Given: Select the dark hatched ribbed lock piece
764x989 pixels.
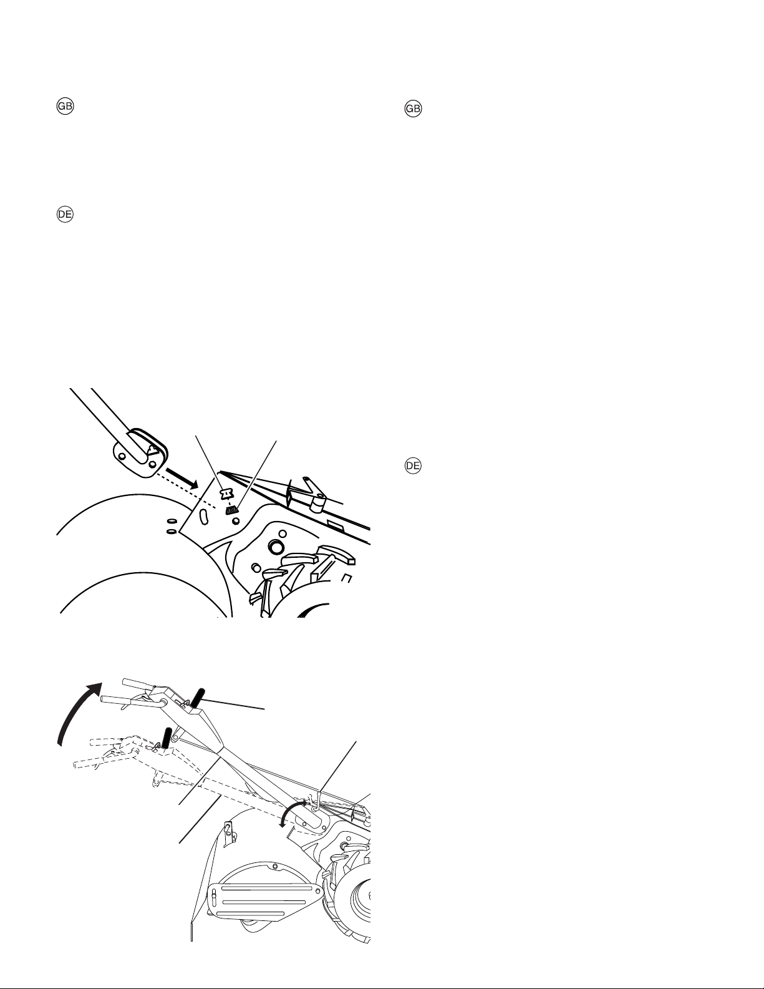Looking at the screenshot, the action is coord(233,510).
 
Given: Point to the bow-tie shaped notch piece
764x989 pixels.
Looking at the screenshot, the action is coord(226,494).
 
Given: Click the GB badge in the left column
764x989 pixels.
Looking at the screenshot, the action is coord(65,106).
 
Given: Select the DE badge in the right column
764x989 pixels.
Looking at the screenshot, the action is coord(413,465).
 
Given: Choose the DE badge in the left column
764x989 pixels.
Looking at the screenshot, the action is coord(65,215).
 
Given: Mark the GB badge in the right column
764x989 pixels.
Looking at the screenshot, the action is coord(413,109).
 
